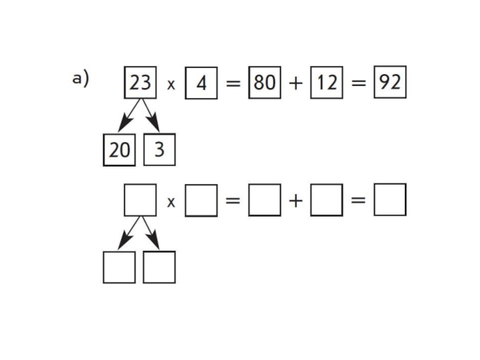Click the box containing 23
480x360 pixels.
pyautogui.click(x=140, y=82)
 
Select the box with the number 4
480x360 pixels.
pyautogui.click(x=201, y=83)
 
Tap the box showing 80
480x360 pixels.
pyautogui.click(x=265, y=83)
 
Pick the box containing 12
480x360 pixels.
pyautogui.click(x=326, y=83)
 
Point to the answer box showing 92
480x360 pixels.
pyautogui.click(x=390, y=82)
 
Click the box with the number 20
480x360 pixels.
pyautogui.click(x=119, y=149)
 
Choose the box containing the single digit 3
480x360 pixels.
pyautogui.click(x=159, y=149)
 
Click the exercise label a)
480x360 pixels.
pyautogui.click(x=80, y=79)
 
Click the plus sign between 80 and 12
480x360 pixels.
pyautogui.click(x=296, y=83)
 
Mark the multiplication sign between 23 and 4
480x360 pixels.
pyautogui.click(x=171, y=85)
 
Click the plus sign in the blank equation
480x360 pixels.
pyautogui.click(x=296, y=201)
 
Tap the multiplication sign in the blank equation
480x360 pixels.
pyautogui.click(x=171, y=202)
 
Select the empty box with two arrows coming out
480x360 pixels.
pyautogui.click(x=140, y=200)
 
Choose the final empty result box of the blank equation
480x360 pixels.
pyautogui.click(x=390, y=199)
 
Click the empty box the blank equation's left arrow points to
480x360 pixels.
pyautogui.click(x=119, y=267)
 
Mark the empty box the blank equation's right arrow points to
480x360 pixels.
pyautogui.click(x=159, y=267)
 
